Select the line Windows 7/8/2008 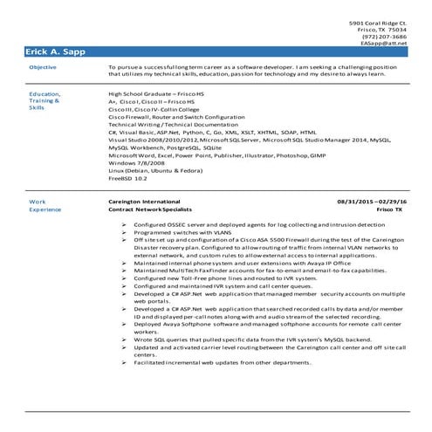(x=135, y=163)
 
